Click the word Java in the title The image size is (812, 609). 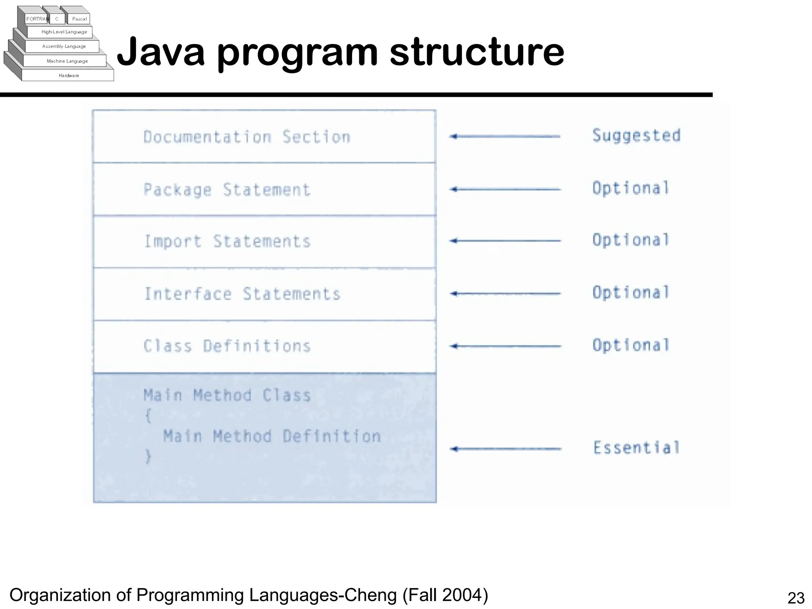point(161,52)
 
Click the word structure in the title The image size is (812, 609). point(477,52)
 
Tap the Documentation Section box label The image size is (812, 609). point(247,137)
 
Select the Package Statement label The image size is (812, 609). point(227,190)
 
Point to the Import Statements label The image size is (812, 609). point(227,241)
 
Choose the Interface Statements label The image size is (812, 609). point(242,294)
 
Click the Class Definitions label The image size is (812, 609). point(227,346)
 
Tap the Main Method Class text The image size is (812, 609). point(227,395)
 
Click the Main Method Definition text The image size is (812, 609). point(272,436)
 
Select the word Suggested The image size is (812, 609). point(636,136)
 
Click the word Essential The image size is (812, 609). point(636,448)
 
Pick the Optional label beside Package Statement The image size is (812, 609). point(631,188)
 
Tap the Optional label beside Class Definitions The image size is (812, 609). point(631,345)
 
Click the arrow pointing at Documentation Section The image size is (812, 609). point(505,136)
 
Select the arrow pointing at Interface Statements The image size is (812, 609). point(506,293)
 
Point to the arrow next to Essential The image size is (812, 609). point(506,449)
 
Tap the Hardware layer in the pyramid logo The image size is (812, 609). point(69,75)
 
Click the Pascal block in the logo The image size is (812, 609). point(79,19)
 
